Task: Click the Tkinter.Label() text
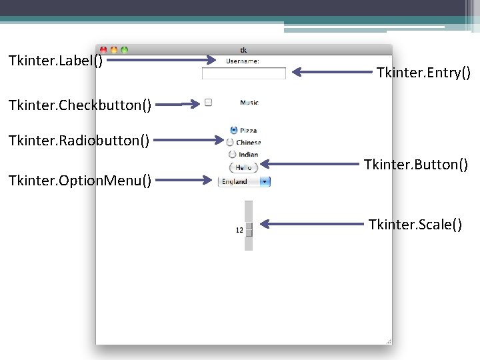(56, 61)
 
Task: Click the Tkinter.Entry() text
(423, 73)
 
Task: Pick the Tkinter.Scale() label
(415, 225)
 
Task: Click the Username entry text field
(243, 73)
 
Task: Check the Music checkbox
(208, 103)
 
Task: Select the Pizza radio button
(233, 130)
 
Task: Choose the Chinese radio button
(231, 142)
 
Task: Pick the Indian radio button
(233, 155)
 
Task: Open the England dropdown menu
(244, 181)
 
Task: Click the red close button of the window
(103, 49)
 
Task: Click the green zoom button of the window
(124, 49)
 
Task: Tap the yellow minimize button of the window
(113, 49)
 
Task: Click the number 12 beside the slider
(239, 230)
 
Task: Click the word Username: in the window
(243, 61)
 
